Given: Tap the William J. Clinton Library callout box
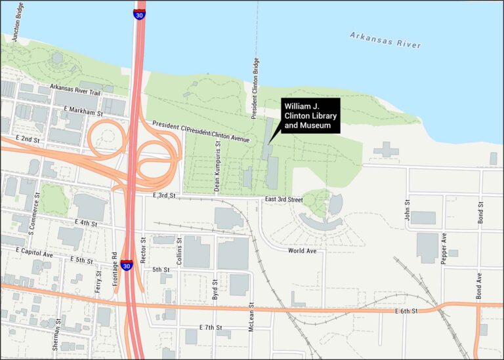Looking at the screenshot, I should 310,116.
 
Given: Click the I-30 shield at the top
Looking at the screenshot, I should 139,14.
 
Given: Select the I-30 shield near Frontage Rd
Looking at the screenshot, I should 127,266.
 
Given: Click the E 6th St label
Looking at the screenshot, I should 406,310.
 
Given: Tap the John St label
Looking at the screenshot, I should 408,210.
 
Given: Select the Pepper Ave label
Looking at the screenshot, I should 444,243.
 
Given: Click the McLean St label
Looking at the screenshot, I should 252,316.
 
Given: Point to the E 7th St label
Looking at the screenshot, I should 211,327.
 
